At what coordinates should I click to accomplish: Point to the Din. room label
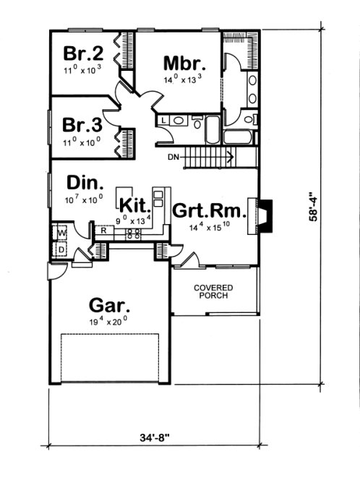pyautogui.click(x=83, y=181)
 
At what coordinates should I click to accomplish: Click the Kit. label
pyautogui.click(x=135, y=204)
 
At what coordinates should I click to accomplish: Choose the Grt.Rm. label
pyautogui.click(x=208, y=212)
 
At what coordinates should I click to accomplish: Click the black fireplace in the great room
pyautogui.click(x=265, y=215)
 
